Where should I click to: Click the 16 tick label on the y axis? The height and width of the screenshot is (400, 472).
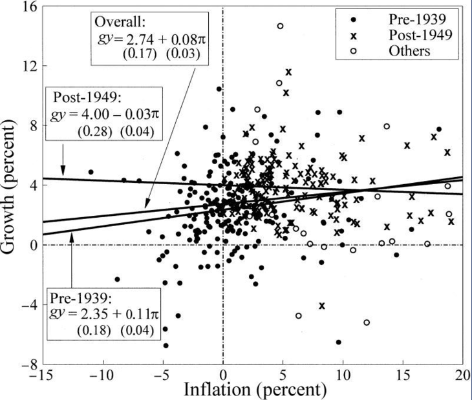click(x=27, y=7)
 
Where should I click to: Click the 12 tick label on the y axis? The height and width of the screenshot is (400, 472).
click(x=27, y=67)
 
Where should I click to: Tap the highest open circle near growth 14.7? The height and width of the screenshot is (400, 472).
click(x=280, y=26)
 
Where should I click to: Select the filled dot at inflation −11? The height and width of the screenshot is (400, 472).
click(x=91, y=172)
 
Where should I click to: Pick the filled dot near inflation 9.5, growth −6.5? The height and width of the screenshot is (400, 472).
click(x=338, y=342)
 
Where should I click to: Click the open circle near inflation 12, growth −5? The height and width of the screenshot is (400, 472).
click(x=367, y=322)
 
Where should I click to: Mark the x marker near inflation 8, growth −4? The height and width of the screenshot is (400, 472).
click(x=321, y=305)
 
